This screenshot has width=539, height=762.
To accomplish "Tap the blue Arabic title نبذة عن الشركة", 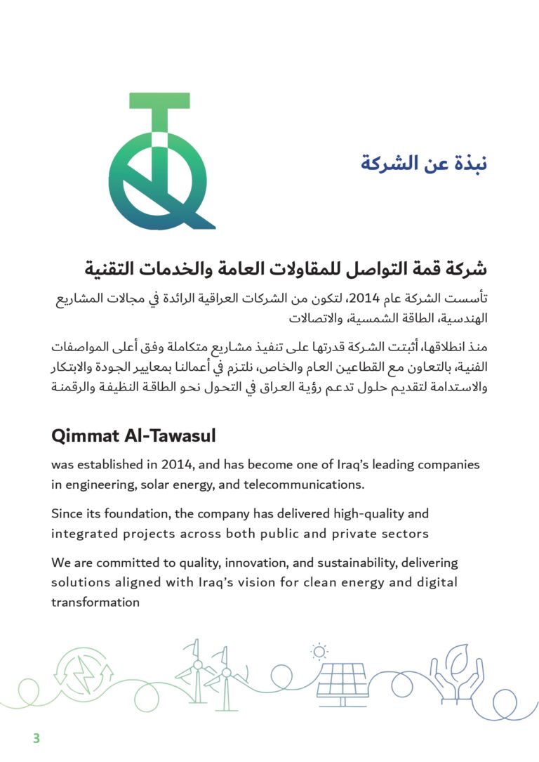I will tap(424, 163).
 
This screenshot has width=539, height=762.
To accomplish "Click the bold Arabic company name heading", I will tap(286, 268).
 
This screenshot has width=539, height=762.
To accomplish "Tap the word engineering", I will tap(99, 485).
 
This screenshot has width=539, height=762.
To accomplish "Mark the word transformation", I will tap(95, 603).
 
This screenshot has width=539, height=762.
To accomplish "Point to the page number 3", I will tap(36, 738).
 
